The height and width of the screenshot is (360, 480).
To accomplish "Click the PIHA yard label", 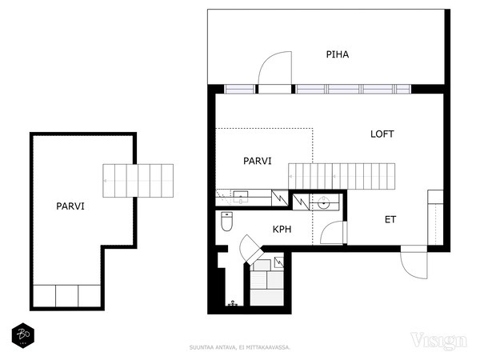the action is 338,54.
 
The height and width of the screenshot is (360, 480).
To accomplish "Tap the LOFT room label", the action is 382,134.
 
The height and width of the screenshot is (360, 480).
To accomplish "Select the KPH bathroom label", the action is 282,230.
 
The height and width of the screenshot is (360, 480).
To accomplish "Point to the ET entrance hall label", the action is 390,219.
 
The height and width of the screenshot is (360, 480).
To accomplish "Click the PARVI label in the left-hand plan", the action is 70,206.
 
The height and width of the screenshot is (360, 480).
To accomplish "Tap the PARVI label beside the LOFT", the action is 257,161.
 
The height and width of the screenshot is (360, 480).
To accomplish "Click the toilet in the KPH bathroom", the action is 227,222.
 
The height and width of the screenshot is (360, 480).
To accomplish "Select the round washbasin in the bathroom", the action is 323,202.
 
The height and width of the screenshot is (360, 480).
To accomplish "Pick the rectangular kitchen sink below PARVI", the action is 241,197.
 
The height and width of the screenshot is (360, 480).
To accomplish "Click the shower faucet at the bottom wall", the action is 234,303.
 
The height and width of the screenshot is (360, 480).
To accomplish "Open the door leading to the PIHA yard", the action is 275,68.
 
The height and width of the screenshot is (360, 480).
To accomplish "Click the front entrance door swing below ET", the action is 414,262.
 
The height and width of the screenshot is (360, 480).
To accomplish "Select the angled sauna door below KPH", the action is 251,249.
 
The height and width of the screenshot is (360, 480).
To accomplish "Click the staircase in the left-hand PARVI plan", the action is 138,181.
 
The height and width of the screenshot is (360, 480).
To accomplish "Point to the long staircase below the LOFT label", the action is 342,176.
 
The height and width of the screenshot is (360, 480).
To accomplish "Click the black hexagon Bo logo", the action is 23,335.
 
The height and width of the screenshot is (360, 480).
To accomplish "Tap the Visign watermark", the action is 438,341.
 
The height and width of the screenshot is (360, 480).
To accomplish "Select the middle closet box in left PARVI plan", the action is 66,296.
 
